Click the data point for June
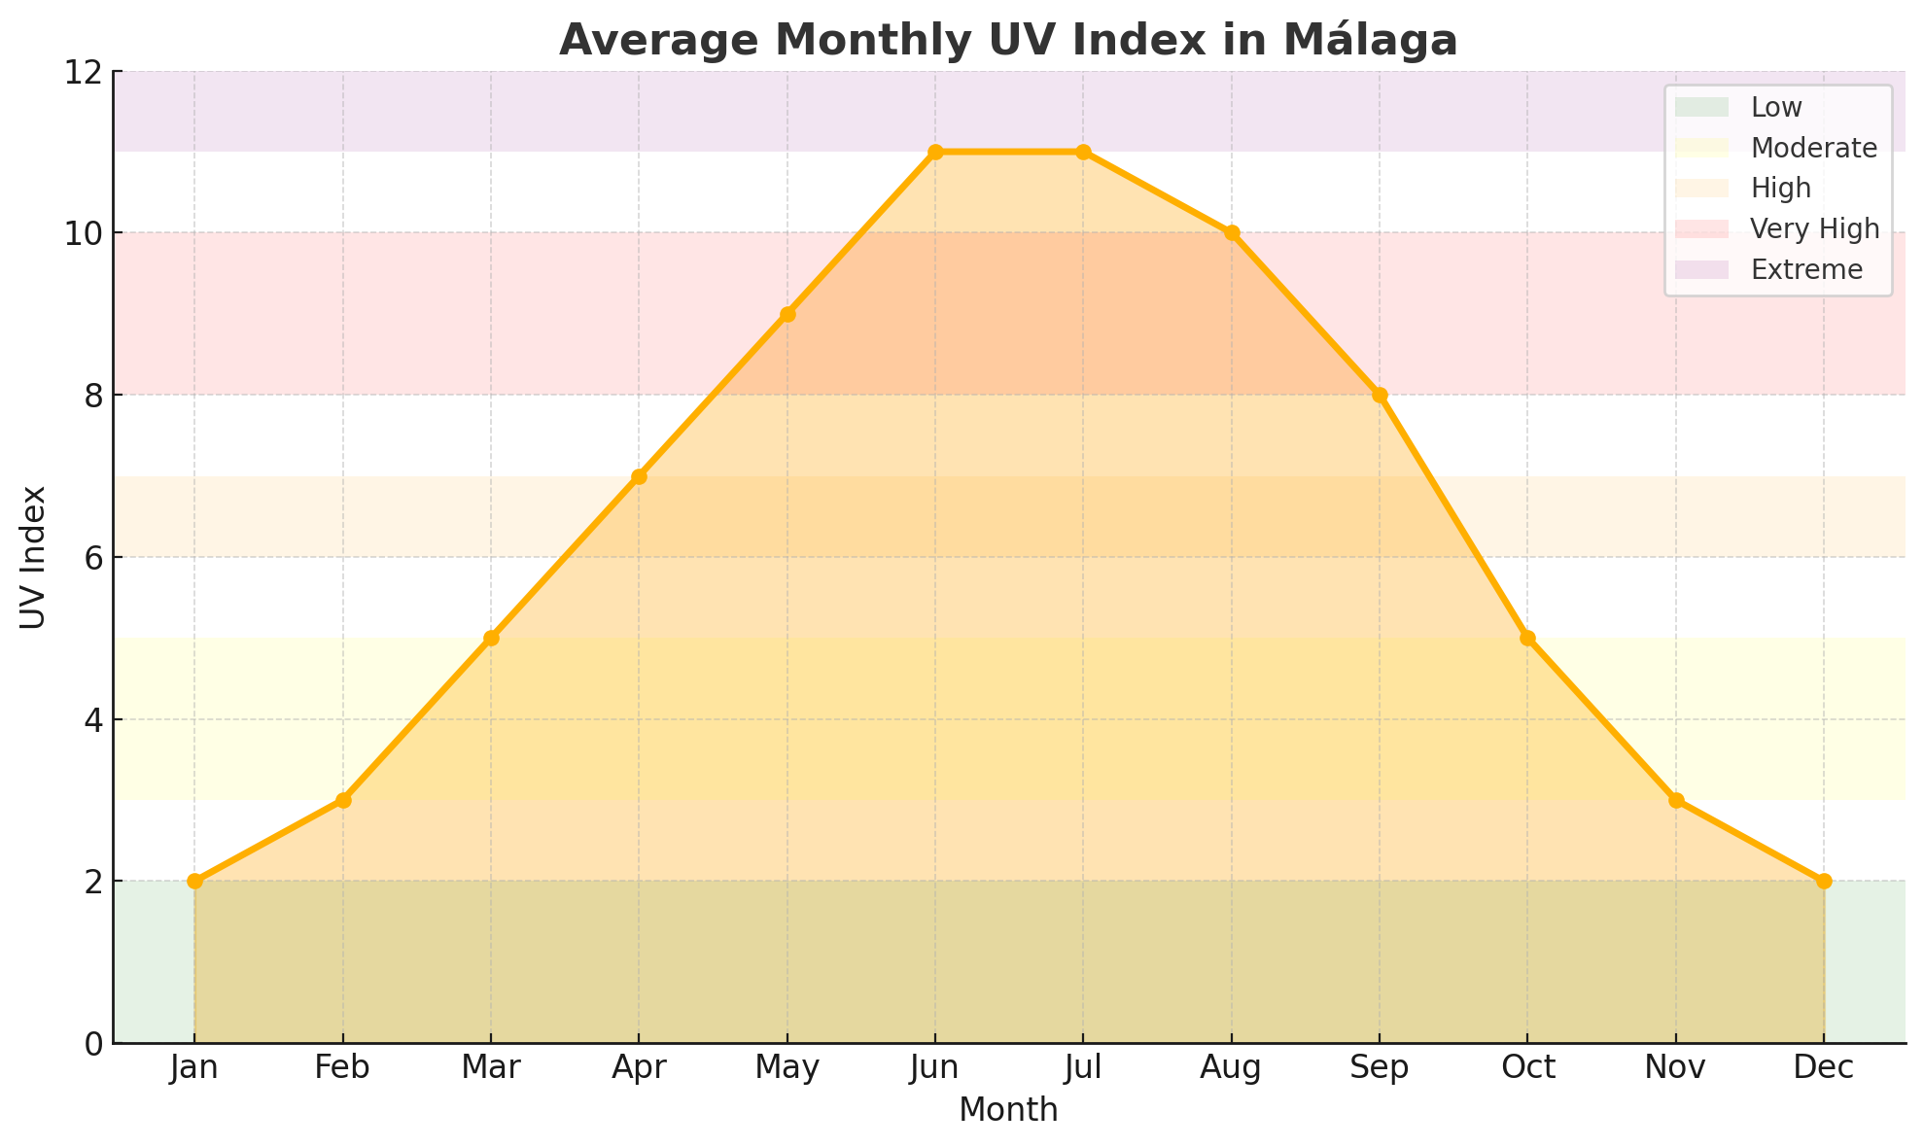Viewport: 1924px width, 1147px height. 935,152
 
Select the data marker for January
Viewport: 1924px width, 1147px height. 194,881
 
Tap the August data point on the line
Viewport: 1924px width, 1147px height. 1232,233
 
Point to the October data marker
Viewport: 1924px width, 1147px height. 1527,638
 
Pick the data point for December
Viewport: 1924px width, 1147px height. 1824,881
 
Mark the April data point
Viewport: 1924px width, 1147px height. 639,476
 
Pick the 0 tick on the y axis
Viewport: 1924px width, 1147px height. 94,1044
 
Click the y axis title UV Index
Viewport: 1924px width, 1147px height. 34,557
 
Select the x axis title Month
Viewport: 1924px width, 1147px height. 1008,1110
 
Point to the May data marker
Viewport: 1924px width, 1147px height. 787,314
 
